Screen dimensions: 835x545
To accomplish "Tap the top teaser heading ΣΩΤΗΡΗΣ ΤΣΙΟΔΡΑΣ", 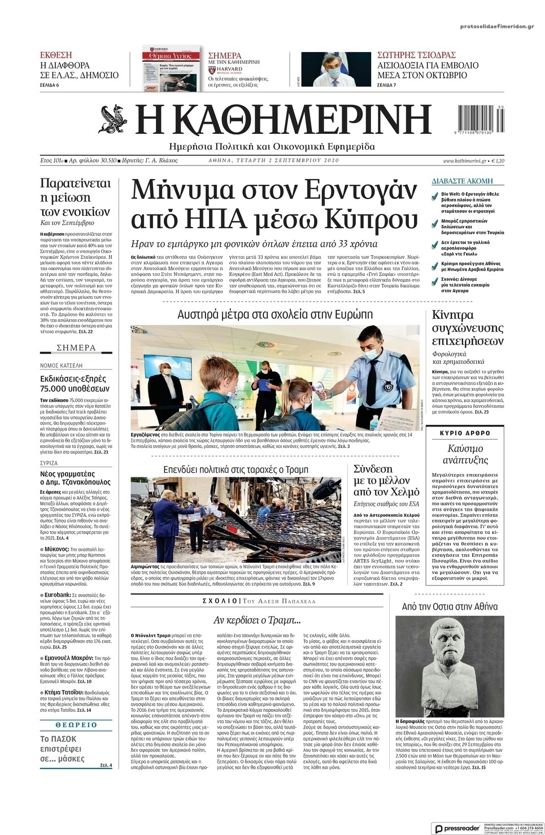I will (x=416, y=55).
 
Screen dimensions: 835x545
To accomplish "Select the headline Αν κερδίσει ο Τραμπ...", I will (x=256, y=620).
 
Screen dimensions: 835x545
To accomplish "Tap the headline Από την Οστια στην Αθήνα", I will (x=449, y=607).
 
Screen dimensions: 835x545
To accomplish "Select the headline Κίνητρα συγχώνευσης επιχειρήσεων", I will (x=460, y=328).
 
